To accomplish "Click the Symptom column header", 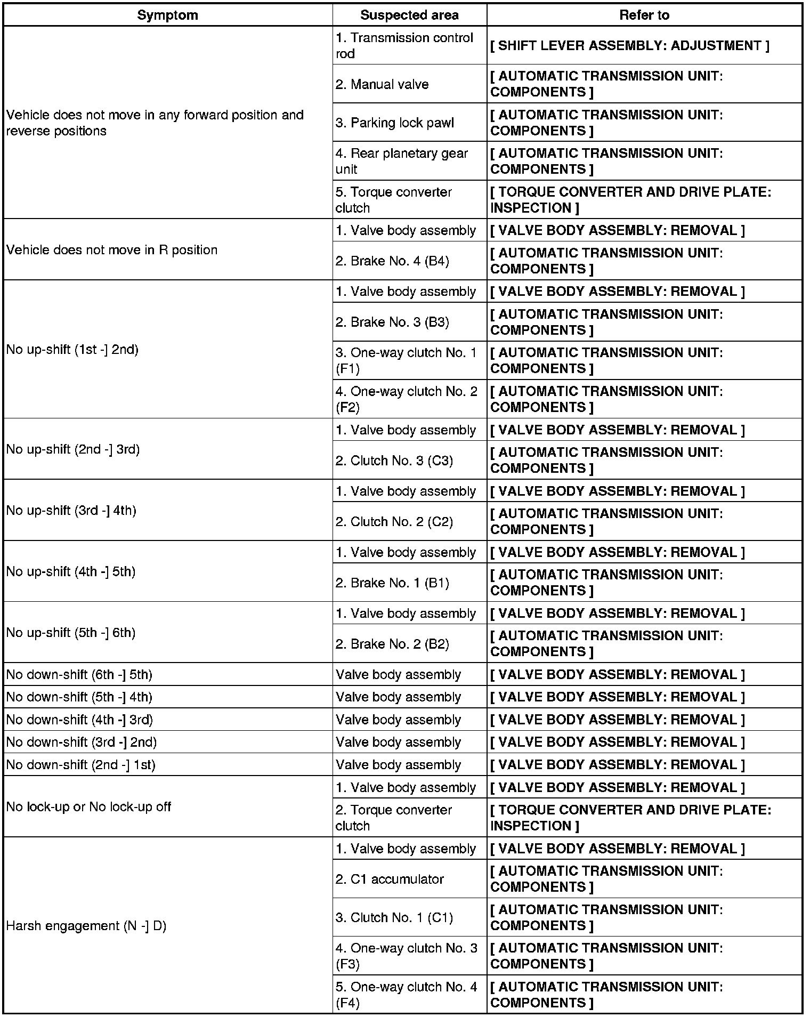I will (x=167, y=15).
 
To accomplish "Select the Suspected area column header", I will (x=409, y=15).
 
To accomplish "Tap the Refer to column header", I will (x=644, y=15).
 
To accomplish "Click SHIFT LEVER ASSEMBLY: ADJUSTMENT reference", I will (x=629, y=46).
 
